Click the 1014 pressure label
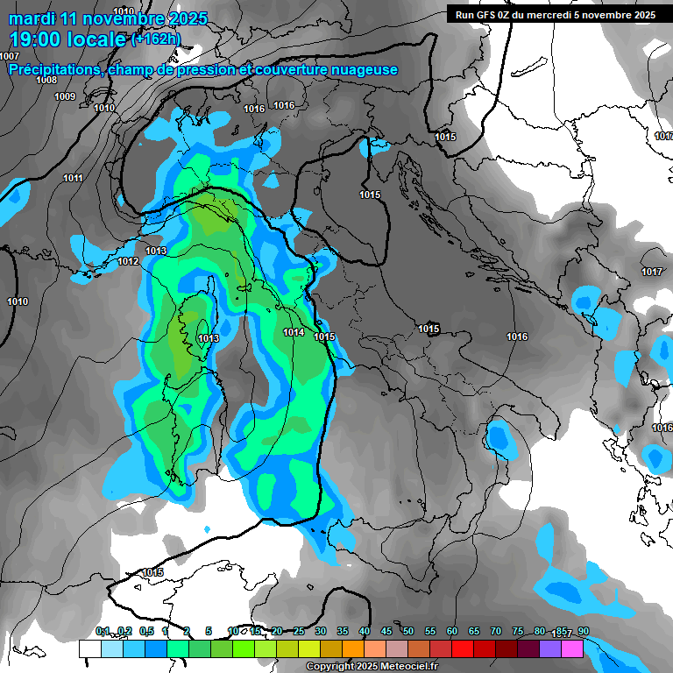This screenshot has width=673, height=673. tap(294, 332)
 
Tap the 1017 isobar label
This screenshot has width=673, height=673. tap(651, 273)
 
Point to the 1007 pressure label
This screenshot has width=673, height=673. tap(10, 56)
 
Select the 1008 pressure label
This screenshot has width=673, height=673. tap(46, 80)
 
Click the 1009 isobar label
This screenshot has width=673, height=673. tap(64, 96)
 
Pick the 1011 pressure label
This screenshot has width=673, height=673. tap(73, 179)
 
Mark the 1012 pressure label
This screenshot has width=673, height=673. tap(128, 261)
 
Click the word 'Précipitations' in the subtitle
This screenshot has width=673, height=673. tap(55, 70)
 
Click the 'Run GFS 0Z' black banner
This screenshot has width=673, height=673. tap(555, 14)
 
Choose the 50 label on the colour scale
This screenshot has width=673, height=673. tap(408, 632)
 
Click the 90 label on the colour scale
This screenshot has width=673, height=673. tap(583, 632)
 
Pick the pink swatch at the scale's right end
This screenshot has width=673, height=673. tap(571, 648)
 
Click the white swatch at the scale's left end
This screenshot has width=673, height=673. tap(89, 648)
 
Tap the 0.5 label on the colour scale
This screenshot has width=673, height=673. tap(145, 632)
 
